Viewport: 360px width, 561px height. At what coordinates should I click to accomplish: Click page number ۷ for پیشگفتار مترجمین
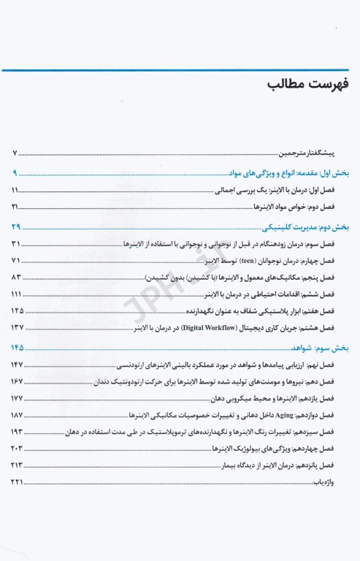[x=15, y=154]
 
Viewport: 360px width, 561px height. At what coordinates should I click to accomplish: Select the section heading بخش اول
[x=337, y=174]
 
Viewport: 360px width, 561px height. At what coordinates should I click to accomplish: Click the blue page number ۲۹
[x=17, y=227]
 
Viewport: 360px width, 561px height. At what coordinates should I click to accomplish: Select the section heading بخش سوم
[x=337, y=348]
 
